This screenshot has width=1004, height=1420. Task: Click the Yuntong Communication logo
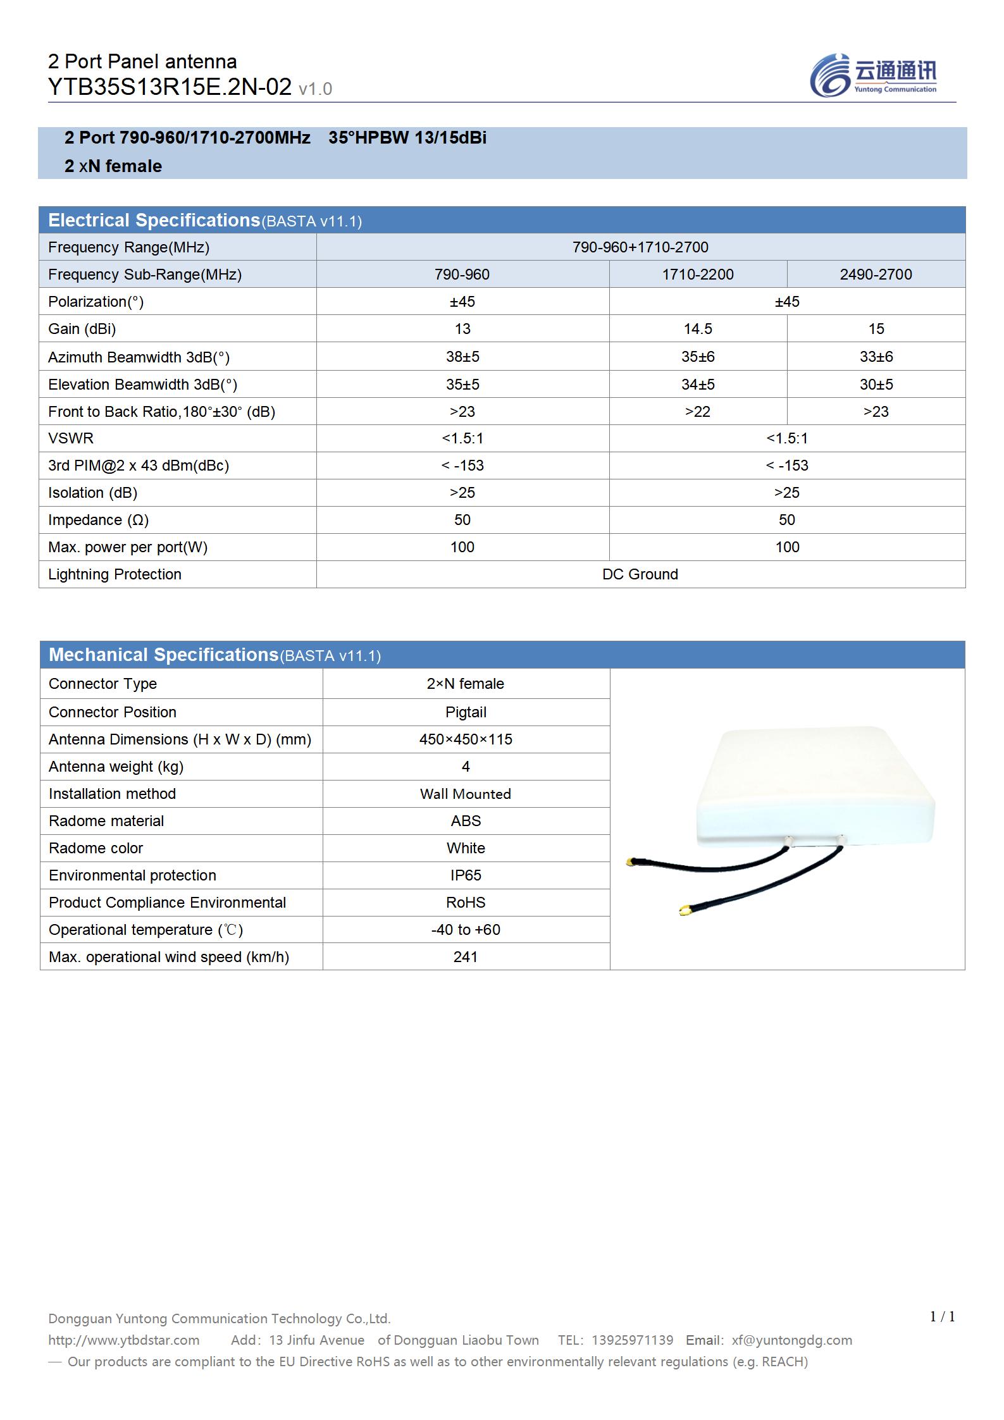873,75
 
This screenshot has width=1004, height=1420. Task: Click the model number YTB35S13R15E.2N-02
170,87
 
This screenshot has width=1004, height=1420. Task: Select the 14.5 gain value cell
698,329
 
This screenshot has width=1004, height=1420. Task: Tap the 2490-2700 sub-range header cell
876,275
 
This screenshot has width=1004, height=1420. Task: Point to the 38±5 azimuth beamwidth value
462,357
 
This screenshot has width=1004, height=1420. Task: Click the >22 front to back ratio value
698,412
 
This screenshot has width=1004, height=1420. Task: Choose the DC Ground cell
640,574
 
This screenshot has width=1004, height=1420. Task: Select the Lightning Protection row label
115,574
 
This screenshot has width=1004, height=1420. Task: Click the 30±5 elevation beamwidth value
876,385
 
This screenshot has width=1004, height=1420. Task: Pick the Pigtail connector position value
466,712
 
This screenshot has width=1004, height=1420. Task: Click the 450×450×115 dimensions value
466,739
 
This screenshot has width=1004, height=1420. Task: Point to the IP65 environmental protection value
466,875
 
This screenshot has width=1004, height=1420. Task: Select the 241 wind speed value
466,957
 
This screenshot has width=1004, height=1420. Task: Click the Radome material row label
106,821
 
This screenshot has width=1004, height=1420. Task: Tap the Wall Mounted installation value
466,794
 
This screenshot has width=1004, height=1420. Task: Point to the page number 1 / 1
942,1317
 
